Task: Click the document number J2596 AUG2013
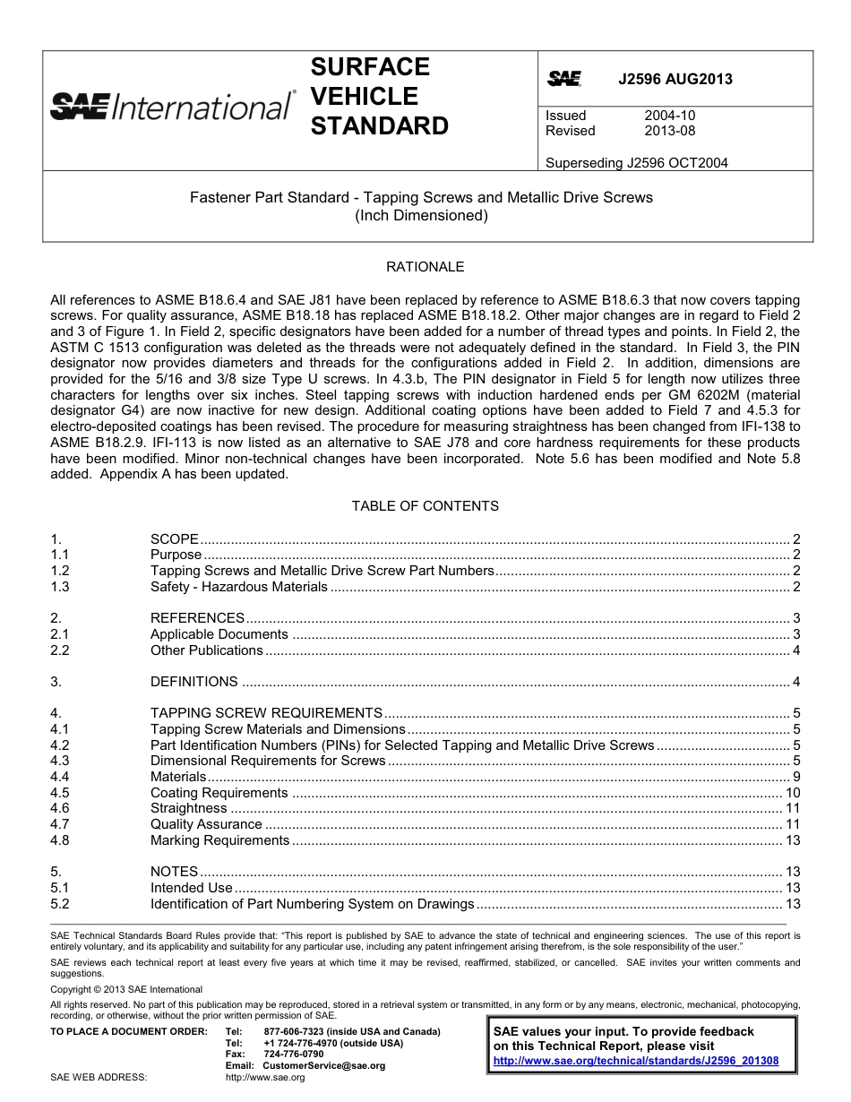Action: tap(675, 79)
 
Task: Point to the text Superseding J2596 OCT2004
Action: tap(636, 163)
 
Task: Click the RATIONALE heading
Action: tap(425, 267)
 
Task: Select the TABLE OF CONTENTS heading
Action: tap(425, 506)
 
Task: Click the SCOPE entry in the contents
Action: tap(175, 539)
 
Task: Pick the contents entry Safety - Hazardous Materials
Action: tap(239, 587)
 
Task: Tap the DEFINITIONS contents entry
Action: tap(194, 682)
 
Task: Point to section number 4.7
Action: tap(60, 824)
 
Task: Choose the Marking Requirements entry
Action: tap(219, 840)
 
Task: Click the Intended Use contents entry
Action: tap(192, 888)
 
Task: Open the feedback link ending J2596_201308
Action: tap(636, 1061)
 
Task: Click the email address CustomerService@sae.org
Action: tap(324, 1066)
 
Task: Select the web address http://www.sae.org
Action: tap(265, 1078)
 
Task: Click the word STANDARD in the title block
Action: tap(379, 126)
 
